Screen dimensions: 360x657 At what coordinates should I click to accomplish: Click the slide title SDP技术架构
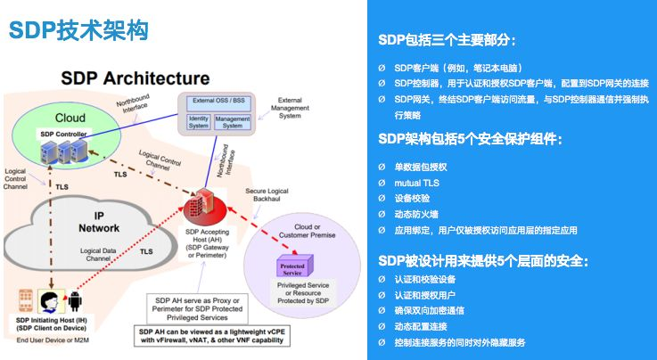coord(78,30)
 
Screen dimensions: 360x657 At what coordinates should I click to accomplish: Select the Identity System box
coord(198,121)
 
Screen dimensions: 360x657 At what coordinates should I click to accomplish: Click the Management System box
coord(233,121)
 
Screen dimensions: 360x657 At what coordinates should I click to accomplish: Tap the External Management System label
coord(295,108)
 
